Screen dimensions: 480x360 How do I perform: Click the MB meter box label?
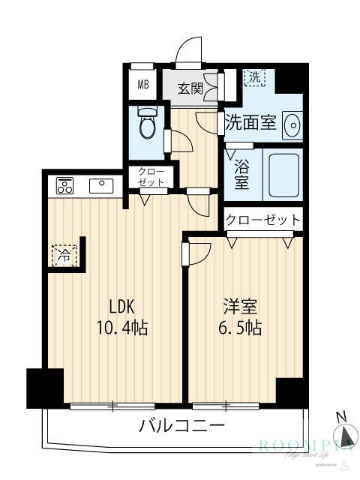142,85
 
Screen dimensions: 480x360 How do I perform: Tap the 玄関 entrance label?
190,88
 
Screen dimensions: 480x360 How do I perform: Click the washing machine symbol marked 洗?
256,76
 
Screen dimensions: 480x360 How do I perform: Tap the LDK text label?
122,307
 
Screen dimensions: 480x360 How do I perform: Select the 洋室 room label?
240,307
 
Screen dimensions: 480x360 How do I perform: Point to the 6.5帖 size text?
240,328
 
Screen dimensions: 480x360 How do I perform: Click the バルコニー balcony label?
182,427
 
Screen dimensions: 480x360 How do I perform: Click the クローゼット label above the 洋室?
263,220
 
